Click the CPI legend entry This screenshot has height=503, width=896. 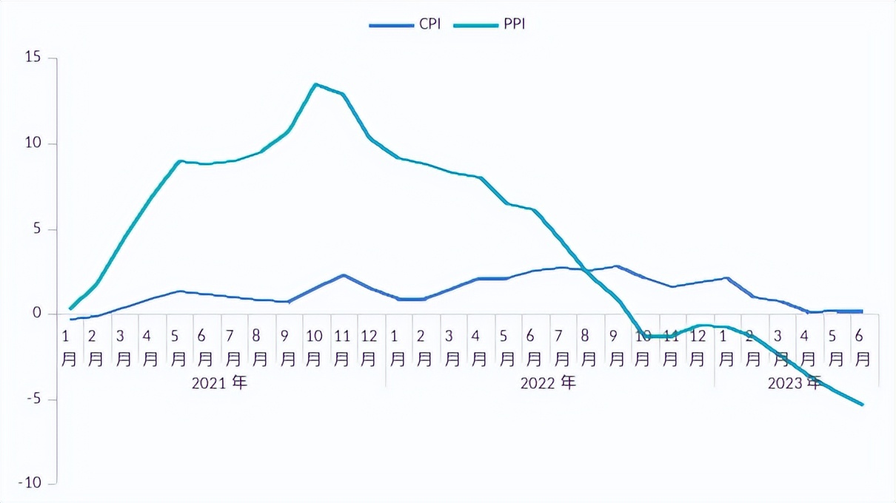click(406, 24)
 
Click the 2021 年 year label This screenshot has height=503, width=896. click(219, 383)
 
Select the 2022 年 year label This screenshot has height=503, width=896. click(548, 383)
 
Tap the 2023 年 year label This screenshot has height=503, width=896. click(795, 383)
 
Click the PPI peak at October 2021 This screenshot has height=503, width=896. click(316, 84)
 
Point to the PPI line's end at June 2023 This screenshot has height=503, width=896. click(863, 405)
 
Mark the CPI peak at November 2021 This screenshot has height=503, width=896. click(344, 275)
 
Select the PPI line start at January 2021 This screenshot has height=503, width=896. click(70, 308)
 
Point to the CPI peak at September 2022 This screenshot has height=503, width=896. click(616, 266)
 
